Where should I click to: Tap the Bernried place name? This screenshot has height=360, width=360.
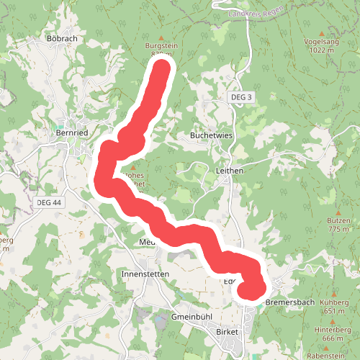(x=71, y=132)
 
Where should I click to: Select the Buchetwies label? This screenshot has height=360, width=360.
(x=209, y=135)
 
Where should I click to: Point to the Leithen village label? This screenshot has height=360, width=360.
(x=230, y=171)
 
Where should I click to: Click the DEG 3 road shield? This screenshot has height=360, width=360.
(x=242, y=96)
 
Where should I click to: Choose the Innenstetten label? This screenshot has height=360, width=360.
(x=145, y=274)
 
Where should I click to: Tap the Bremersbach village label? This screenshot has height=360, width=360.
(x=290, y=302)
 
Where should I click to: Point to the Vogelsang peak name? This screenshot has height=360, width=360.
(x=321, y=42)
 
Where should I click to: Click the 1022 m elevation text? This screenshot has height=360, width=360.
(x=321, y=50)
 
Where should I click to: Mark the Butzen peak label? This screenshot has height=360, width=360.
(x=338, y=220)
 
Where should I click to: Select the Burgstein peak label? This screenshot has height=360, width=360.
(x=161, y=45)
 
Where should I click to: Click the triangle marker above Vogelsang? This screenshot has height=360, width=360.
(x=321, y=32)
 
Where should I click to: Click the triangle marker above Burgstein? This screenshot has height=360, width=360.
(x=161, y=37)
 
